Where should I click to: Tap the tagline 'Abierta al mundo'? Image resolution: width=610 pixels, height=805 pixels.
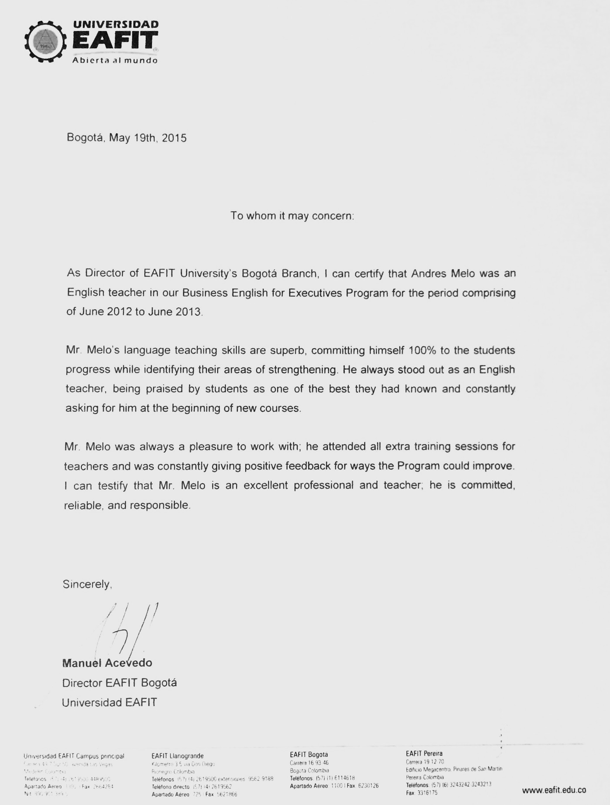pos(115,60)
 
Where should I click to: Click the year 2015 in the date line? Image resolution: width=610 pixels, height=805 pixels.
pos(174,138)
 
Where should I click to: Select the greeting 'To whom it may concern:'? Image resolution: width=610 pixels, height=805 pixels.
pos(292,216)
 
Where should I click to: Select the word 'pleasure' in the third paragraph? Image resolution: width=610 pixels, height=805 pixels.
pos(211,446)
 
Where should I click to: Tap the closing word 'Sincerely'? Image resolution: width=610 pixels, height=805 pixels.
pos(87,584)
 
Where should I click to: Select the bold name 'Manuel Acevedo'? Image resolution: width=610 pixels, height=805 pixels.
pos(107,663)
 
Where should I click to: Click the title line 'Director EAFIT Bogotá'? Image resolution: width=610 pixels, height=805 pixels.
pos(119,683)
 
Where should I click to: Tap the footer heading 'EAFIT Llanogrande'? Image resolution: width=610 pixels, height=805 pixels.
pos(177,756)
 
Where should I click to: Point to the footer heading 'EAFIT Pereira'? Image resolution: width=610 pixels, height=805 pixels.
pos(424,754)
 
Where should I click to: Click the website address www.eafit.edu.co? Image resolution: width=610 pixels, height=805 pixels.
pos(554,790)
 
